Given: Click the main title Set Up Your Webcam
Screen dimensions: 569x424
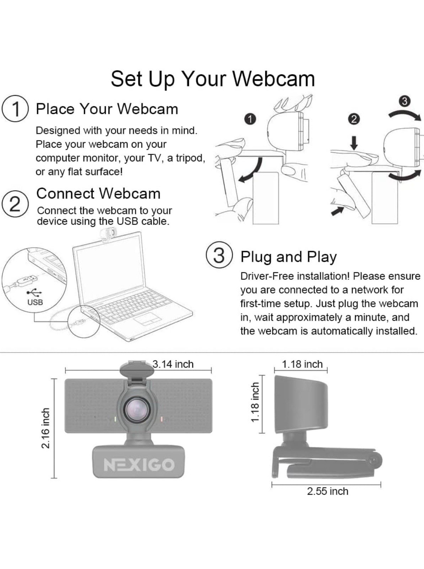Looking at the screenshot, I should tap(213, 79).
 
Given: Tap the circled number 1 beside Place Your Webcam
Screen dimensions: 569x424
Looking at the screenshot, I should tap(15, 109).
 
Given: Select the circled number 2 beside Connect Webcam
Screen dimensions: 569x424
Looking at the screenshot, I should tap(15, 204).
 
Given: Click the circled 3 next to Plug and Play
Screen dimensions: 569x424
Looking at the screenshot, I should tap(219, 255).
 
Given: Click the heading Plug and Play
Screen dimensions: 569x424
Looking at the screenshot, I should tap(288, 257).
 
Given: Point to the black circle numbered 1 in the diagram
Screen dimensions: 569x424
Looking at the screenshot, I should tap(250, 119).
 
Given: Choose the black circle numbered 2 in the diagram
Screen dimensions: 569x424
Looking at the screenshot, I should tap(353, 119).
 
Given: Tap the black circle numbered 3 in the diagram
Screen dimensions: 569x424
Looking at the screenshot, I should tap(404, 101).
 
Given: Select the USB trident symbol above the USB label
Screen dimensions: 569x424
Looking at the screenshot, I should tap(34, 292).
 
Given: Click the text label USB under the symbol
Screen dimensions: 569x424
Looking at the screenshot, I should tap(35, 302).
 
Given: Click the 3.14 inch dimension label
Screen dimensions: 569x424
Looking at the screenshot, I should tap(173, 364).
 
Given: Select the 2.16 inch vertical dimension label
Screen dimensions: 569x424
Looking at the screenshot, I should tap(45, 428).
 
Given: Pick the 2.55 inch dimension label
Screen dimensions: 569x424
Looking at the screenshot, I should tap(327, 491).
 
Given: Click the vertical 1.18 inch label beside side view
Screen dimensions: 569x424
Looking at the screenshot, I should tap(255, 403).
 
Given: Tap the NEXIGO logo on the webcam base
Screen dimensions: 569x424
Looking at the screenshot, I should tap(139, 464).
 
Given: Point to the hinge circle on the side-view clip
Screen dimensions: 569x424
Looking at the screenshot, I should tap(374, 460).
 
